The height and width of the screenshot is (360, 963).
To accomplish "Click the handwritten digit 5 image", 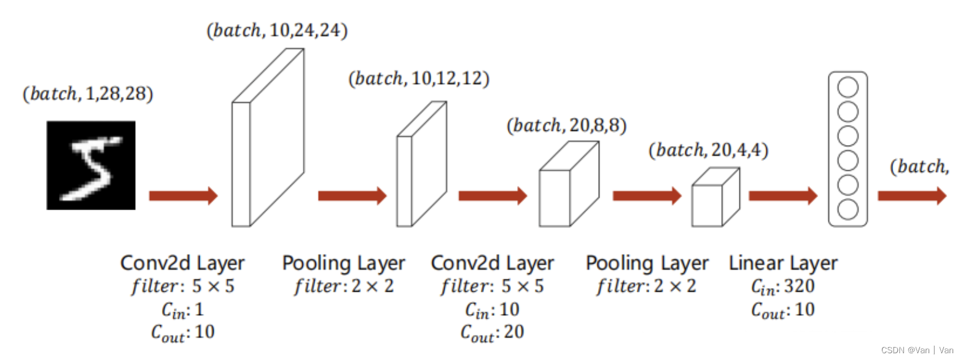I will [91, 165].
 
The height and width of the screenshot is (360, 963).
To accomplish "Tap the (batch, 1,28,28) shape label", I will [87, 94].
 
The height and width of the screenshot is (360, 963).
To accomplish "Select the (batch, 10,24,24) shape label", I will [277, 31].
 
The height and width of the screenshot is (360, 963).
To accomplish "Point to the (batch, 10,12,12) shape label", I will [418, 79].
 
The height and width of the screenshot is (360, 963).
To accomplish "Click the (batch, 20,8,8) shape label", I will [566, 125].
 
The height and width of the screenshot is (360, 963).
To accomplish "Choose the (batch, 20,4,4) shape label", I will [709, 151].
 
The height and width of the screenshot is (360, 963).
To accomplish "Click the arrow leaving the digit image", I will [183, 196].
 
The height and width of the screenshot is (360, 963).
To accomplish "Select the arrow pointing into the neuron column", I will [783, 196].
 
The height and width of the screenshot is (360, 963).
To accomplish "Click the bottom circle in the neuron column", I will [848, 209].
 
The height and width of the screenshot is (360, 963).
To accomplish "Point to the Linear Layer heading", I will [783, 264].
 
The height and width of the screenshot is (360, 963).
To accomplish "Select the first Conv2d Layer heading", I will [182, 264].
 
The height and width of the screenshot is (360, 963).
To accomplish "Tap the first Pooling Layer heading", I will [343, 264].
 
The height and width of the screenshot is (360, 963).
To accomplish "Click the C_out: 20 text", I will [492, 332].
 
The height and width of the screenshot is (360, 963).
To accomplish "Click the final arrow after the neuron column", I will [911, 196].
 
